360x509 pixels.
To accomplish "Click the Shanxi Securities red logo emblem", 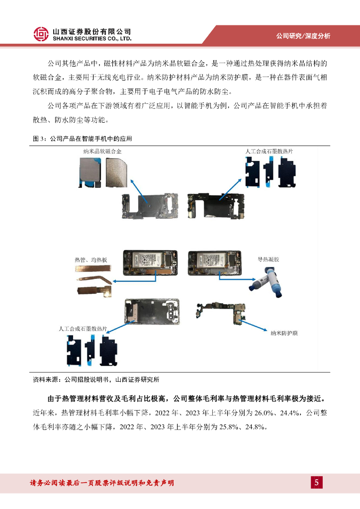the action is [x=41, y=34].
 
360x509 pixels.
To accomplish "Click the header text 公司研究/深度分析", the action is [x=303, y=36].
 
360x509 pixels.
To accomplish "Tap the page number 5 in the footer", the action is [x=317, y=482].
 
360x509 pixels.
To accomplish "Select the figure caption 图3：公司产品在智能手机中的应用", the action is [x=83, y=139].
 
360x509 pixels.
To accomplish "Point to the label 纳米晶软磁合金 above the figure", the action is [x=102, y=151].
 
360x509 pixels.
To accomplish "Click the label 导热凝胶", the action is [x=269, y=259].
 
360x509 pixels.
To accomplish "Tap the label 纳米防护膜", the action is [x=284, y=333].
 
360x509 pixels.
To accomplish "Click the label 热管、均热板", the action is [x=91, y=259].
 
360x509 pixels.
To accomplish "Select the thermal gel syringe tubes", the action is [x=266, y=282].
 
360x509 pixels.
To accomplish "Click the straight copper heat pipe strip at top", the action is [x=93, y=268].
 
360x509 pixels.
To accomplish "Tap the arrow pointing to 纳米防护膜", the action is [x=254, y=326].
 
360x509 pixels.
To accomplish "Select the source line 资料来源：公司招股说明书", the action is [x=96, y=379].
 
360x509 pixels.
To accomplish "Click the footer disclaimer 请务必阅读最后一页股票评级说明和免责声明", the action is [x=102, y=483].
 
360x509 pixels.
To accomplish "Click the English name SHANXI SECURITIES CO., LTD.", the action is [x=92, y=39].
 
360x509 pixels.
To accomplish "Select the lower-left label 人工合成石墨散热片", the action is [x=83, y=329].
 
